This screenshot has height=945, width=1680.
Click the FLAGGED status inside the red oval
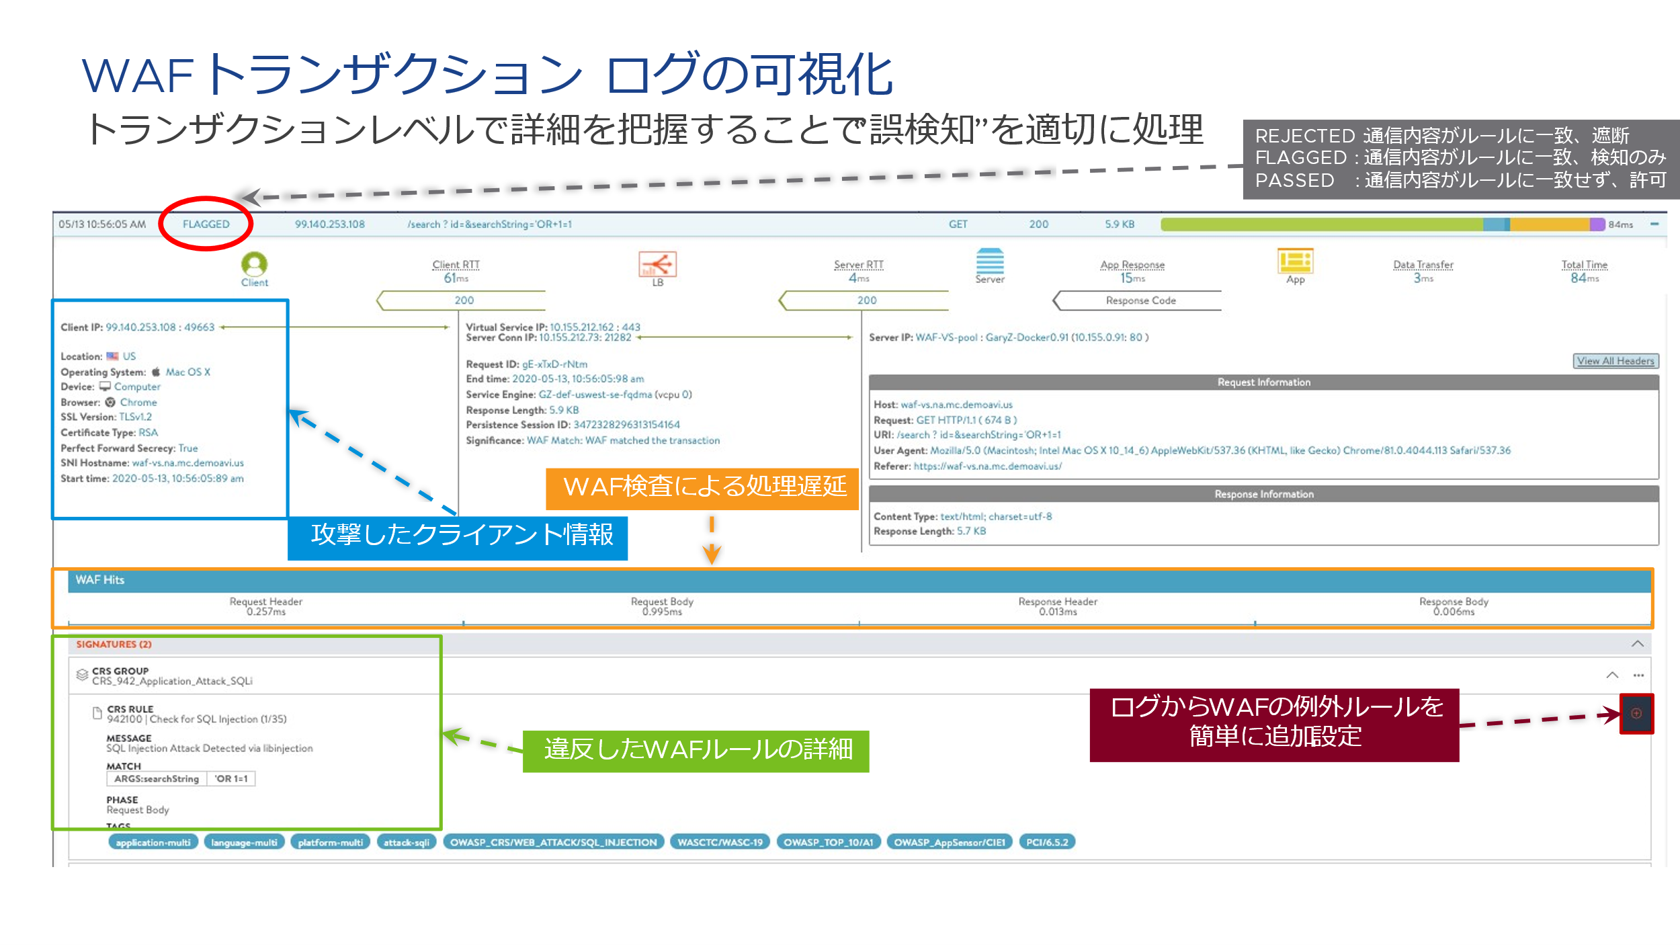point(206,224)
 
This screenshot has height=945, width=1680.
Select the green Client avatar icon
point(255,263)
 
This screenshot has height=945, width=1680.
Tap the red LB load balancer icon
point(657,264)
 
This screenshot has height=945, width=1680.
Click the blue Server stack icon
point(990,261)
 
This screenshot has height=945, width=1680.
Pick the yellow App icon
point(1295,261)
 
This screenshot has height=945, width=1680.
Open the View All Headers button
point(1615,361)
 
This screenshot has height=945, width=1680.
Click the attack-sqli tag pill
point(407,842)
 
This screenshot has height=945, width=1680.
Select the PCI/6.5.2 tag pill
point(1047,842)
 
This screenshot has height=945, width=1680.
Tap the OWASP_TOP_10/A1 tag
point(829,842)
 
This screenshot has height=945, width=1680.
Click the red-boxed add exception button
point(1636,714)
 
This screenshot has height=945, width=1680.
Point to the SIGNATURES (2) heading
point(114,645)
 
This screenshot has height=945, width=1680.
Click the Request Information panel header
point(1263,382)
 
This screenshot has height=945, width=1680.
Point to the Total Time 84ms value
point(1584,278)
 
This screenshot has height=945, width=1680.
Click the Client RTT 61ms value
point(456,278)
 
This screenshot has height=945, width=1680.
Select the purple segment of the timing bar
point(1597,224)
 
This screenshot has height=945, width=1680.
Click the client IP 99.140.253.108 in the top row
point(329,224)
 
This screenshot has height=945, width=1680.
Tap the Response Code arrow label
point(1140,300)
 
